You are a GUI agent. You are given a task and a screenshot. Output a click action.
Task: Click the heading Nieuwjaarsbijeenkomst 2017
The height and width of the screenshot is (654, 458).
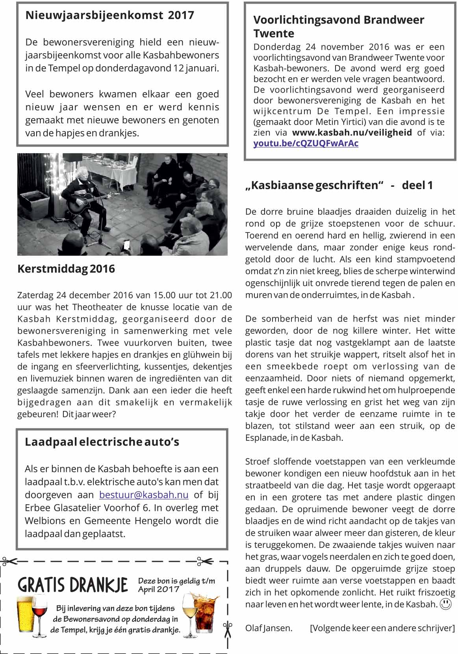pos(109,15)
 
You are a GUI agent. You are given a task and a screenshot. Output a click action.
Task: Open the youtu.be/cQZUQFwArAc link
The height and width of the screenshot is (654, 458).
pos(306,143)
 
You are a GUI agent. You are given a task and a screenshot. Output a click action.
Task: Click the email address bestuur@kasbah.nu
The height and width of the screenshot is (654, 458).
pos(144,495)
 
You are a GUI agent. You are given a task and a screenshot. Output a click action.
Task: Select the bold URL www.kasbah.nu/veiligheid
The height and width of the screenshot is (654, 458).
pos(352,133)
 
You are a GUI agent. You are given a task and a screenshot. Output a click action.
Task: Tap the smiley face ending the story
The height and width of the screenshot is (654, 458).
pos(445,604)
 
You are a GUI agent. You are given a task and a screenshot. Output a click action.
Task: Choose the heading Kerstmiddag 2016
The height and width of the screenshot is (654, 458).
pos(66,269)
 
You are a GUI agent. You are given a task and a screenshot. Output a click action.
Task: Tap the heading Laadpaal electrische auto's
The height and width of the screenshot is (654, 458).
pos(102,442)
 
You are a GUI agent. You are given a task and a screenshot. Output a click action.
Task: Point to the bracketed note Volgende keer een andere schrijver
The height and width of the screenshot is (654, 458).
pos(382,628)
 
